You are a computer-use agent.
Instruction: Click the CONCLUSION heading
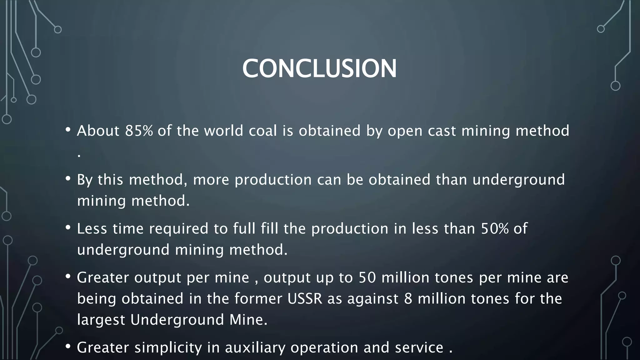point(319,68)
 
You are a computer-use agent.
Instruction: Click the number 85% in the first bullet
point(139,131)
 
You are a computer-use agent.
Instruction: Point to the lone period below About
point(79,155)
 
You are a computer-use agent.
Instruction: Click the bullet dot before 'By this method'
point(68,178)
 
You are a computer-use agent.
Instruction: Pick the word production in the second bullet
point(273,180)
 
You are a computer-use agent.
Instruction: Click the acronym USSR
point(305,298)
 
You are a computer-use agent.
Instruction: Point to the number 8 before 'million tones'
point(408,298)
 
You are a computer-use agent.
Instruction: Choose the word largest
point(101,320)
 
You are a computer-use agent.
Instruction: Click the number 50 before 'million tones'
point(367,277)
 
